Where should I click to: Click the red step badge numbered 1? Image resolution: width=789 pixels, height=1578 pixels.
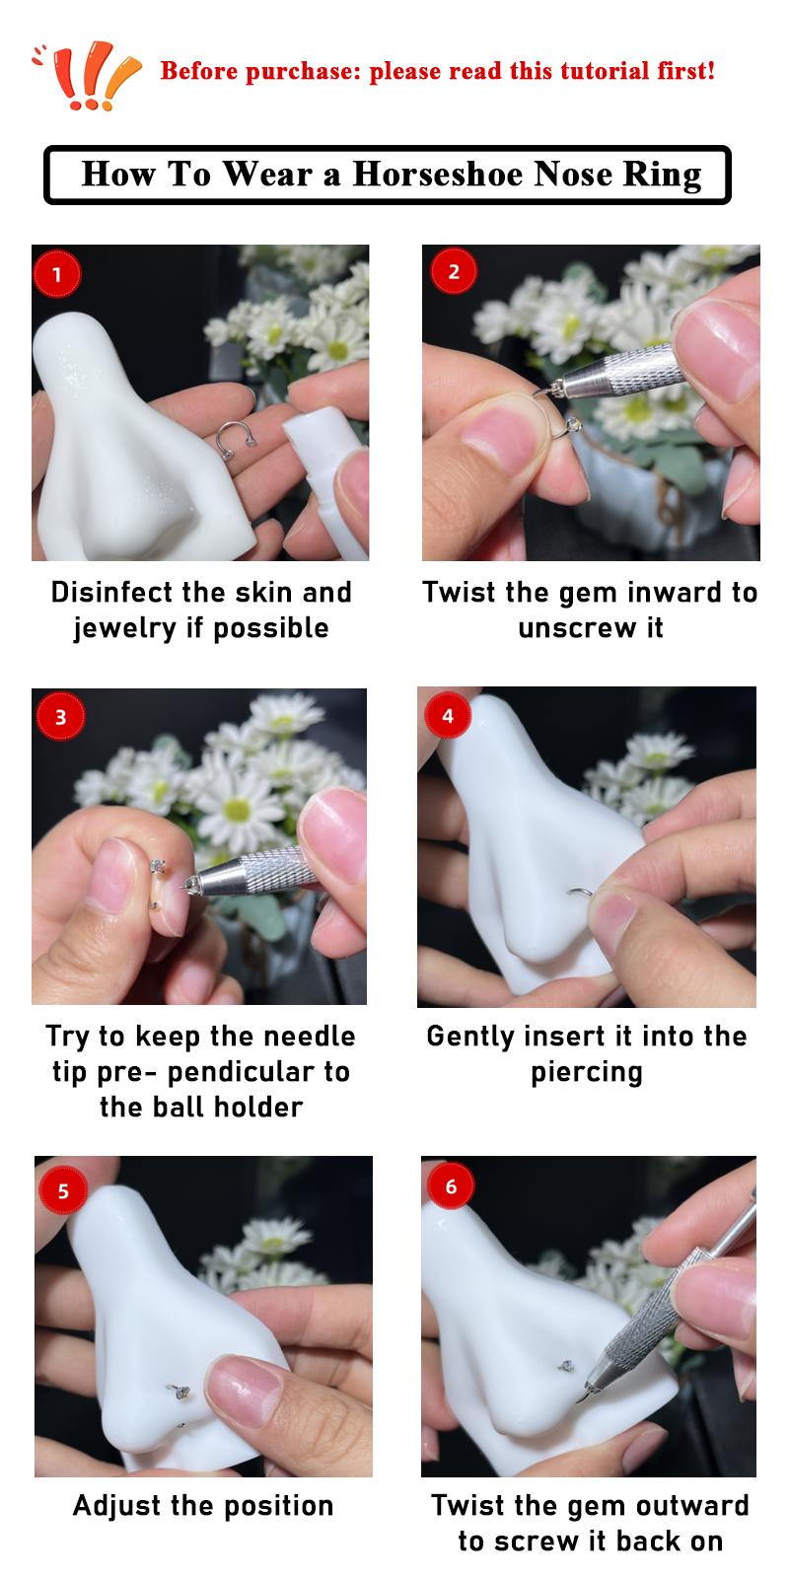click(x=57, y=273)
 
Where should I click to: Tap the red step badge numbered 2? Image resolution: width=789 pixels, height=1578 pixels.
click(x=454, y=271)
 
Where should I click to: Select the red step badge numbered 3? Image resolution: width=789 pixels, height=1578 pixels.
click(x=60, y=716)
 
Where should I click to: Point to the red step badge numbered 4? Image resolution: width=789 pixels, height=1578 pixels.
click(x=448, y=715)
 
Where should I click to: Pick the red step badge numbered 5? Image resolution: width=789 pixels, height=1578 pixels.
click(x=63, y=1190)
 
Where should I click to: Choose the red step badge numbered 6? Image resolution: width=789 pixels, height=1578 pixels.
click(x=451, y=1185)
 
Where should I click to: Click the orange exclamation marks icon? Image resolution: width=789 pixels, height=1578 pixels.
click(x=88, y=75)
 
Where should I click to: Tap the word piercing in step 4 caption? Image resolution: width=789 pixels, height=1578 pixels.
click(x=587, y=1073)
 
